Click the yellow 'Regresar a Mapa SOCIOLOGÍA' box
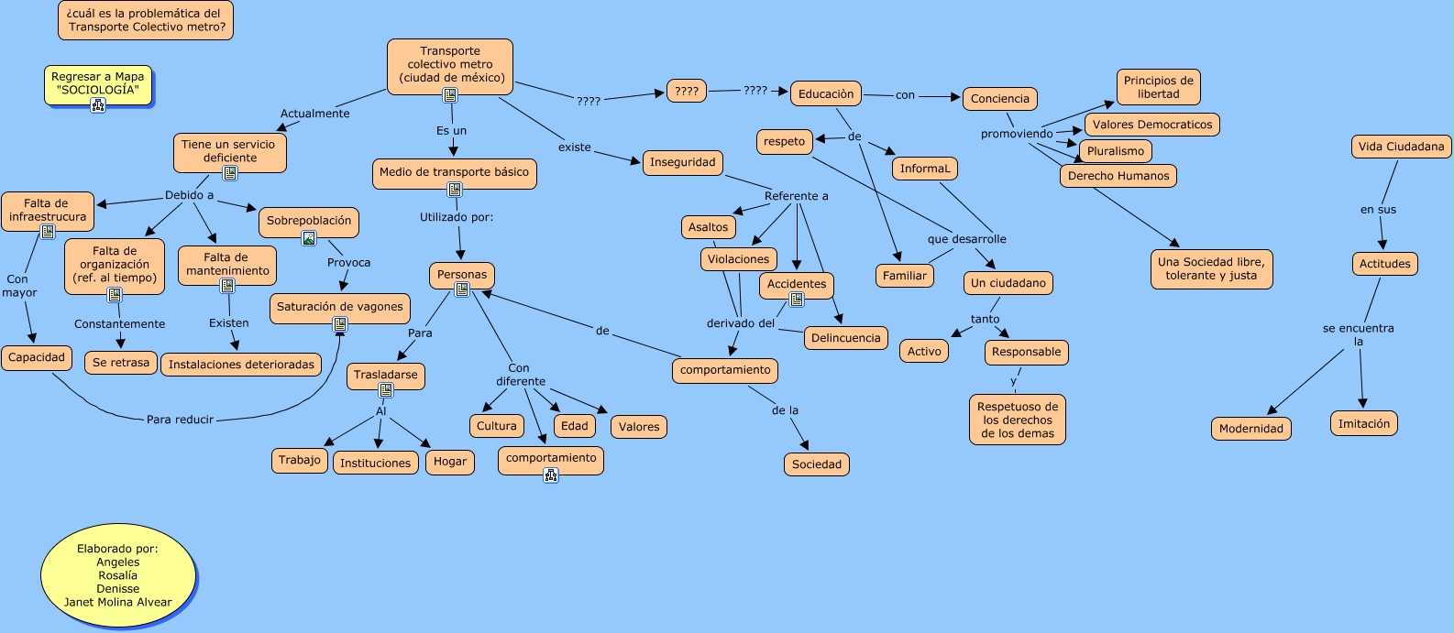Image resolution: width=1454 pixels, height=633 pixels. point(97,83)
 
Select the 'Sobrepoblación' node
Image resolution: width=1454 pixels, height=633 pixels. point(309,221)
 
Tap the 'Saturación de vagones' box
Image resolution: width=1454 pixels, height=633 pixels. point(339,307)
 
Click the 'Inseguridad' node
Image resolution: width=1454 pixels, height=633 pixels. point(682,162)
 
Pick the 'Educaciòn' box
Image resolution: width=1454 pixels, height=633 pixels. point(825,93)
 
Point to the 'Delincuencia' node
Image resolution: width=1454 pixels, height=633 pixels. point(845,338)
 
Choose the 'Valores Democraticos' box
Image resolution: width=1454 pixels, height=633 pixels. point(1151,125)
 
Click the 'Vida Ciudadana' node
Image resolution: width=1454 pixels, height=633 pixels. point(1400,147)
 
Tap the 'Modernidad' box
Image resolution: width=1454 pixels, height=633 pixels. point(1250,429)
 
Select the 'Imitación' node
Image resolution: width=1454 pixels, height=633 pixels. point(1363,424)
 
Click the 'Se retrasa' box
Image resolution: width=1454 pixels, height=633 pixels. point(120,363)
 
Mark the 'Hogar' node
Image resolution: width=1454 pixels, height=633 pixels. point(449,462)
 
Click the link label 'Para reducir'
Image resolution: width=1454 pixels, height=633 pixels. point(180,420)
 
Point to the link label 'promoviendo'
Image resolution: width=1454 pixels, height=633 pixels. point(1016,134)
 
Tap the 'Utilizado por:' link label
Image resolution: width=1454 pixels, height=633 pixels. point(457,217)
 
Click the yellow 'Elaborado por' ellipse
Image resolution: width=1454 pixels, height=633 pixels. point(118,575)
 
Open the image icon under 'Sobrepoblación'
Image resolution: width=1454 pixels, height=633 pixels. point(309,238)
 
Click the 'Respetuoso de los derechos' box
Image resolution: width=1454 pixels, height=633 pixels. point(1017,420)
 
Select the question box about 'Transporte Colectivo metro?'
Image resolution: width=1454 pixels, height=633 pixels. point(146,20)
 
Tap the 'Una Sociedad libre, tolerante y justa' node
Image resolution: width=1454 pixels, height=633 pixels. point(1210,268)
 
